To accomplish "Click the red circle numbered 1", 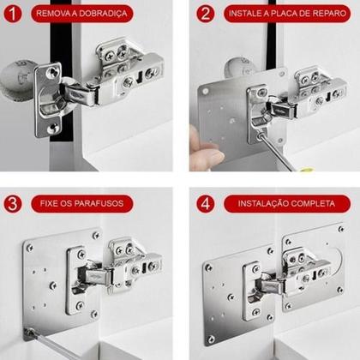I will [x=12, y=14].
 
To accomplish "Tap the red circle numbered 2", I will [x=204, y=14].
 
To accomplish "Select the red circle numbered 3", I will [x=12, y=204].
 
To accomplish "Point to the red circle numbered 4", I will [x=204, y=204].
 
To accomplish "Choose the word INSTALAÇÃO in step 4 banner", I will [x=265, y=204].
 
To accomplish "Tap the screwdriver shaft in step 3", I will [x=51, y=343].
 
